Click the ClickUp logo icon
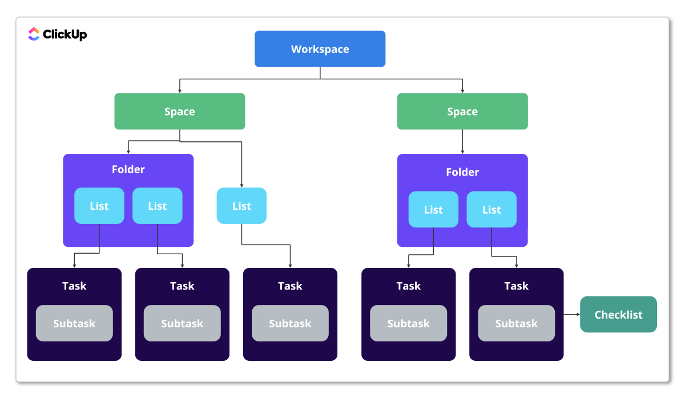34,34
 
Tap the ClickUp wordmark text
65,35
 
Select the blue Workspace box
320,49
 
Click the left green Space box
179,112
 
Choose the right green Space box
462,112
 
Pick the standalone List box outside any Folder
241,206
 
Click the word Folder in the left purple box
128,169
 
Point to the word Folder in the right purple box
462,172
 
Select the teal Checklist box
618,315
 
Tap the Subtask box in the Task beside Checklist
516,323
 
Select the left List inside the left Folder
99,206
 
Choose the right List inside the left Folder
157,206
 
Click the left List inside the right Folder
433,209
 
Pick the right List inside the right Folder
491,209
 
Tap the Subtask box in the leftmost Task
74,323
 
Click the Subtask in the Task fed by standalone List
290,323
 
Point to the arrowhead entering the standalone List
241,185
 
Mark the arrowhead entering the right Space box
462,90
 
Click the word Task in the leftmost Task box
74,286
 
